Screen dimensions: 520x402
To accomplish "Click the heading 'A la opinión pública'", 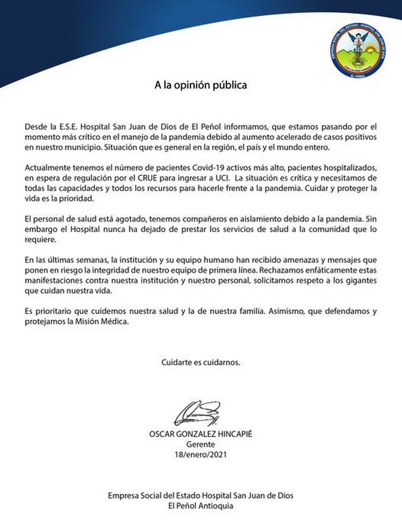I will tap(201, 85).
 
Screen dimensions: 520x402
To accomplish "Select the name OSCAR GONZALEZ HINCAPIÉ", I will tap(201, 434).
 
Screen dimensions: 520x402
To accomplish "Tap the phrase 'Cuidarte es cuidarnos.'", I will tap(201, 361).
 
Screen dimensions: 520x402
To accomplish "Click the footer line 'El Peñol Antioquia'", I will tap(201, 505).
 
